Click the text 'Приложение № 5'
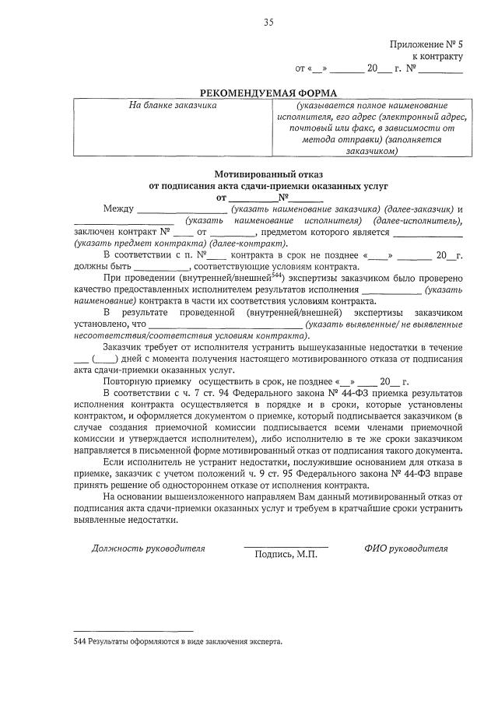pos(426,44)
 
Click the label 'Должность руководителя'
pos(148,548)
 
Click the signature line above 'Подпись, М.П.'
pos(286,546)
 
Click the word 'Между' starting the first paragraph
pos(118,209)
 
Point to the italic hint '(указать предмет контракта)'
pos(125,243)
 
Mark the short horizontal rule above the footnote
pos(133,630)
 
